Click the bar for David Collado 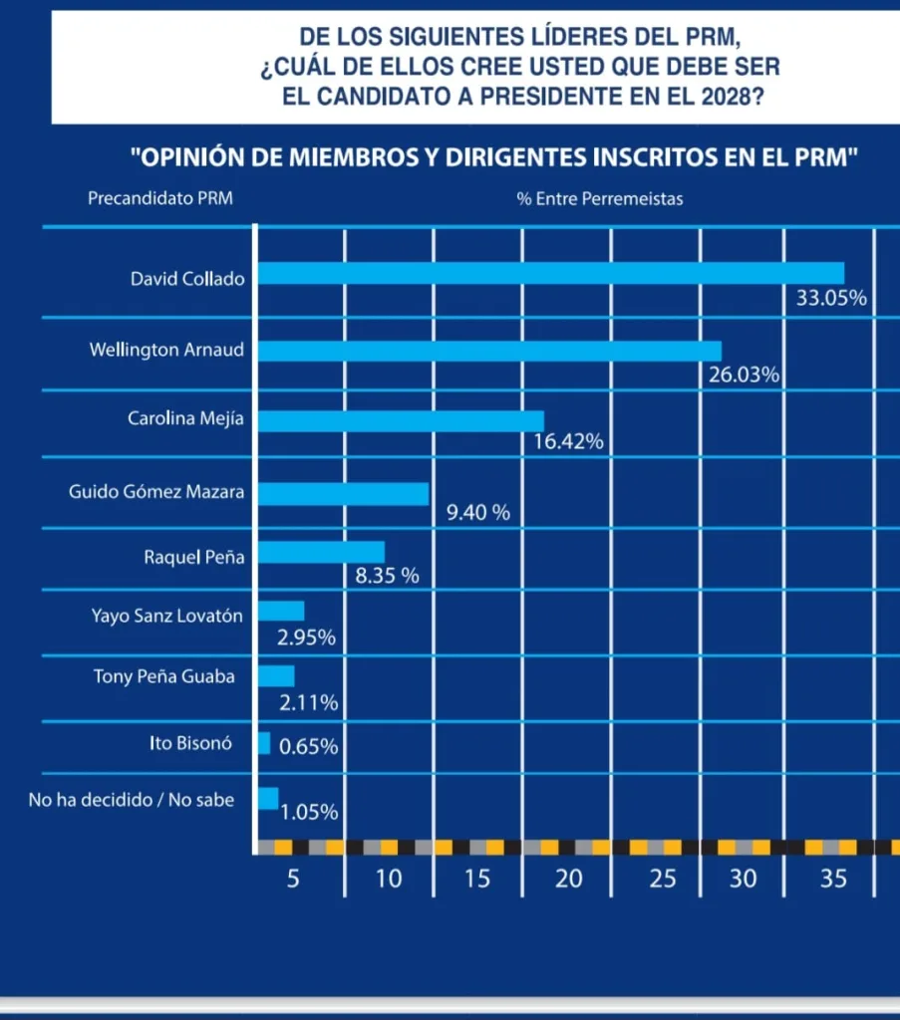pos(551,273)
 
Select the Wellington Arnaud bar pos(489,351)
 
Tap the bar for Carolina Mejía pos(401,421)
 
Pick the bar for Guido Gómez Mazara pos(344,494)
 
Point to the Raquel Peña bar pos(321,552)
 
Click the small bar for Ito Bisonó pos(264,743)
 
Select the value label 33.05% pos(831,299)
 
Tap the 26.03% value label pos(744,376)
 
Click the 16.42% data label pos(569,441)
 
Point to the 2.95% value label pos(306,637)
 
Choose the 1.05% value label pos(309,812)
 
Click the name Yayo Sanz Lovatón pos(166,616)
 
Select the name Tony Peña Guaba pos(164,676)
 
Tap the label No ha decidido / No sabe pos(132,798)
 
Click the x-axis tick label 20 pos(568,880)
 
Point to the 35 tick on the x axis pos(833,880)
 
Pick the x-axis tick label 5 pos(293,880)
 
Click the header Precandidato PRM pos(159,198)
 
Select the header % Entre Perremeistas pos(600,198)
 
